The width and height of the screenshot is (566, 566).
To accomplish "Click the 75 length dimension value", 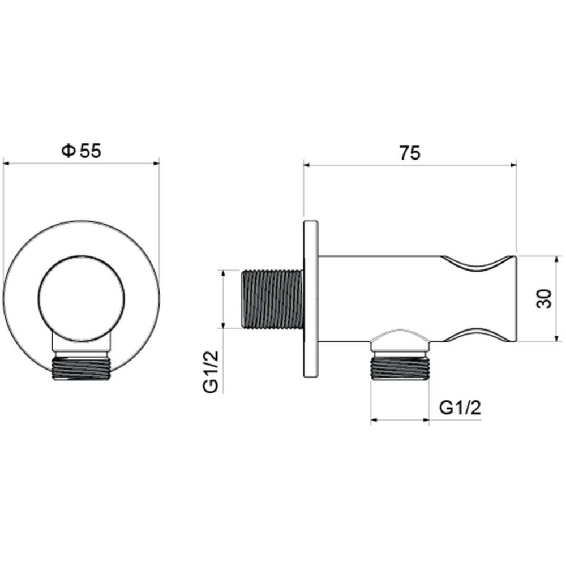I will click(409, 153).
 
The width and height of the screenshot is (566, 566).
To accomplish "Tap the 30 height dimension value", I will click(543, 298).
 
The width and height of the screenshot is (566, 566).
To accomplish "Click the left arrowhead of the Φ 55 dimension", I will click(8, 164).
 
